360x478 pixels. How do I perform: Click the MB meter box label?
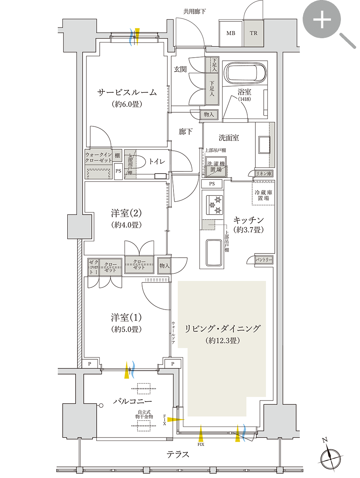(x=230, y=33)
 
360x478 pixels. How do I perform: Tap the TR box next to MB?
(x=253, y=33)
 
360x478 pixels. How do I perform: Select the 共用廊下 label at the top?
(x=194, y=11)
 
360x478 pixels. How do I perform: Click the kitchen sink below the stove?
(x=213, y=252)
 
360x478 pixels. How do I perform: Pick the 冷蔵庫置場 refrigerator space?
(x=263, y=195)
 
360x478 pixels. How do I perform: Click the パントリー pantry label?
(x=264, y=260)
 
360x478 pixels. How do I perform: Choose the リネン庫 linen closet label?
(x=264, y=173)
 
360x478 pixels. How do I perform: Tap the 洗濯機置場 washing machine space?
(x=216, y=167)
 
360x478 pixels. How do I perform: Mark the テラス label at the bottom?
(x=178, y=454)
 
